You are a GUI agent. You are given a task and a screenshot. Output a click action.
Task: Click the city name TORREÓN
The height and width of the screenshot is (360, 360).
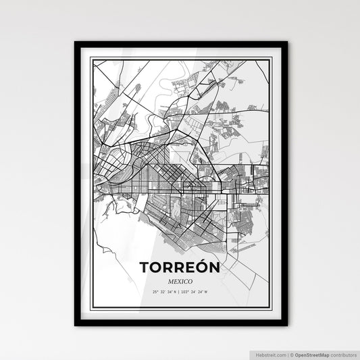(x=180, y=267)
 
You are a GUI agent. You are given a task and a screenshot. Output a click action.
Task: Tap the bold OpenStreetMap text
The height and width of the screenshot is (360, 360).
(x=313, y=353)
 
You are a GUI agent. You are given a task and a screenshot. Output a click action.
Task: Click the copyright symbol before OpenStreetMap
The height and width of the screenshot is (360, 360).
(x=292, y=353)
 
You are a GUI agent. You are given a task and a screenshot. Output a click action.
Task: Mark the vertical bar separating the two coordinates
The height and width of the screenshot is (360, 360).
(x=180, y=292)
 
